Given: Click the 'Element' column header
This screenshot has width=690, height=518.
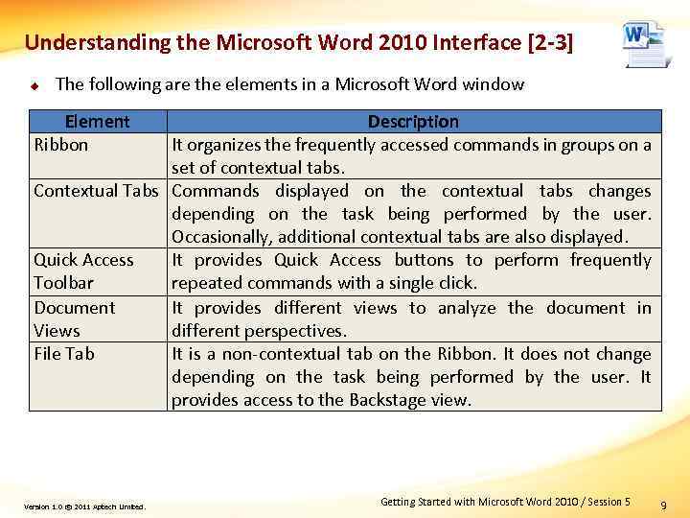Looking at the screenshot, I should [x=97, y=122].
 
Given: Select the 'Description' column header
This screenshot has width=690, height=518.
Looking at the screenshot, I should [x=413, y=122].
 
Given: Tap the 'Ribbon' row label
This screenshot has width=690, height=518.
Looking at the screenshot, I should [x=60, y=145].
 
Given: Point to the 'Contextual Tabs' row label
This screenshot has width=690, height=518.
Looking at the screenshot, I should [x=96, y=191].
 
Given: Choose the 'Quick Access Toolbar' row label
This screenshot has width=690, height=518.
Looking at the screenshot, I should [x=83, y=271].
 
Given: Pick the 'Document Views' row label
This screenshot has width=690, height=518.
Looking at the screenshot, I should [x=74, y=318].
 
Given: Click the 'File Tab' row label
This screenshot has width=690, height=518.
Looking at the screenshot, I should [x=64, y=354].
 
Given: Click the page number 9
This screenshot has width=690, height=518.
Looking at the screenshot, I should [x=665, y=504].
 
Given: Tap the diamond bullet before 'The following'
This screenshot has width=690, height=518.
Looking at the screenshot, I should [x=33, y=85].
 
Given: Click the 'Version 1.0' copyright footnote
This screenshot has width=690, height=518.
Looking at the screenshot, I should [x=84, y=506].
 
